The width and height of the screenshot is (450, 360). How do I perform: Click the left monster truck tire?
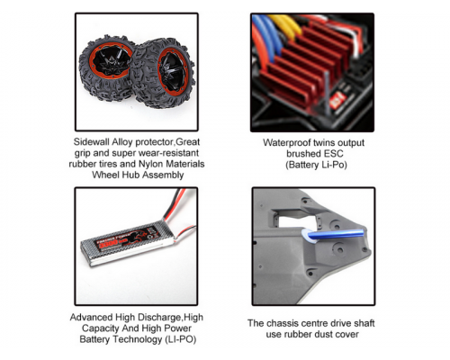tap(105, 67)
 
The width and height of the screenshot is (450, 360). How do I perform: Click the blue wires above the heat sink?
tap(267, 33)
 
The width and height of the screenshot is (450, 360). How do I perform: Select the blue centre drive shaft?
tap(335, 234)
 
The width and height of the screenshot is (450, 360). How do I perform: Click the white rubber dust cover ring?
tap(304, 235)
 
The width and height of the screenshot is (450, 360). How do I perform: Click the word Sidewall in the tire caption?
tap(92, 141)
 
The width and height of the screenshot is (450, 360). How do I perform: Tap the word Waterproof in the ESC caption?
tap(287, 143)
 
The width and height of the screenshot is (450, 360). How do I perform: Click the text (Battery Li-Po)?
tap(316, 165)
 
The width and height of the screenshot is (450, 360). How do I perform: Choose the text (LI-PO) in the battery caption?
tap(180, 339)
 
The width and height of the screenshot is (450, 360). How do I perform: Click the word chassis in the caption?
tap(282, 323)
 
